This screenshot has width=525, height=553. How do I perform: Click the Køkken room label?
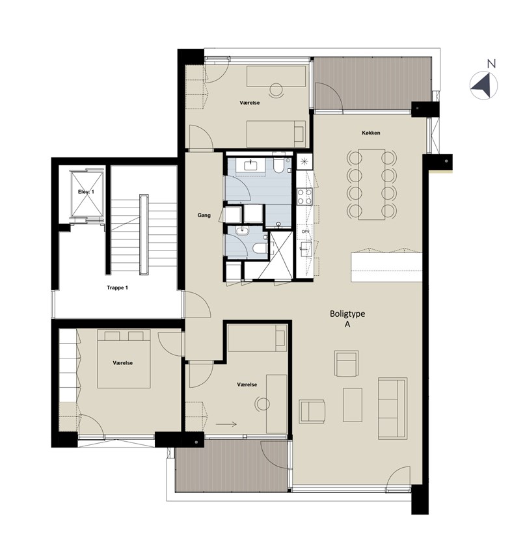coord(371,133)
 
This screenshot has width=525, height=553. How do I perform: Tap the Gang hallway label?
coord(204,215)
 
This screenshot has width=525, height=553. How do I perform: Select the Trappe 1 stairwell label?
coord(117,288)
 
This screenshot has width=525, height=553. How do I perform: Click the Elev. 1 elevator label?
coord(86,192)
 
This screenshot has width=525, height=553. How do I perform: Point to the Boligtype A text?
coord(347,319)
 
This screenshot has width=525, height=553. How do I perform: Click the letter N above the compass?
coord(491,64)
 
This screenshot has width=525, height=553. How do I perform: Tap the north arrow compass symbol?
coord(483,86)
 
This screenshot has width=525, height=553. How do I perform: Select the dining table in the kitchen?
coord(371,185)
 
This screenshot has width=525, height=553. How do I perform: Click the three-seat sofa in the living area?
coord(392,409)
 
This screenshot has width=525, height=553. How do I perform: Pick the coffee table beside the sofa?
coord(353,405)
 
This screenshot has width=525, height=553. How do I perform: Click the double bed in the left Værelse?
coord(124,358)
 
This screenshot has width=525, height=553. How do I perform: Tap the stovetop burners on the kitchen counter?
coord(304,196)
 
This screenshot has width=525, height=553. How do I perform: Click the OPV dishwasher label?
coord(305,232)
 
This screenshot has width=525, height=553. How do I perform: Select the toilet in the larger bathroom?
coord(278,164)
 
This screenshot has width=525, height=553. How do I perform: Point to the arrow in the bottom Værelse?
coord(226,425)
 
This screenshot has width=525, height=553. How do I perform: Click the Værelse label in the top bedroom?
coord(250,103)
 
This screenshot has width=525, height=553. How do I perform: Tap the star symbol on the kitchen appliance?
coord(304,161)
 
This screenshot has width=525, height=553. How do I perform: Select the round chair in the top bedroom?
coord(276,89)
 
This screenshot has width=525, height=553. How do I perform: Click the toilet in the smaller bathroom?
coord(260,248)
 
